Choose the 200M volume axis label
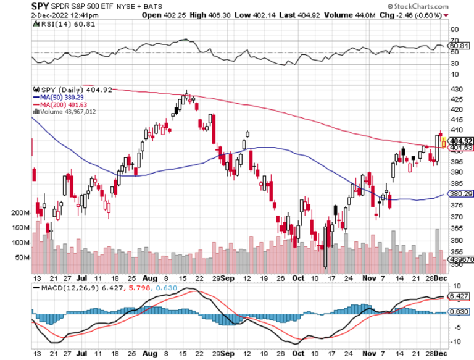point(19,212)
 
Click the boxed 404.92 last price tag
point(462,141)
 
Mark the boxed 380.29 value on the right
point(462,193)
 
